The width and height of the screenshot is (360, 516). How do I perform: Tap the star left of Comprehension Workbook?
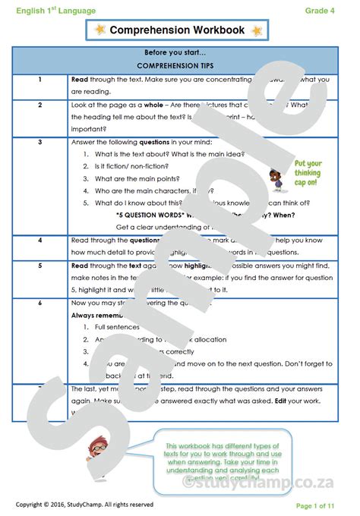pos(100,30)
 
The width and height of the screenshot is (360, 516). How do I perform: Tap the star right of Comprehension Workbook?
pos(256,30)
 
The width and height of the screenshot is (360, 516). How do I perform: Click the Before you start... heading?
pos(180,53)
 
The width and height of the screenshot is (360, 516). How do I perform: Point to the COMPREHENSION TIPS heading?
pos(180,66)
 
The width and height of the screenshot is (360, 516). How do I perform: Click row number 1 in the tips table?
pos(39,79)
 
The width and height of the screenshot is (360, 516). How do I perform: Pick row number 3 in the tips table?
pos(39,141)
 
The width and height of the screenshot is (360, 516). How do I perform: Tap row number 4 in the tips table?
pos(39,240)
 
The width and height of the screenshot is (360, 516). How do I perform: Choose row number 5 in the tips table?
pos(39,266)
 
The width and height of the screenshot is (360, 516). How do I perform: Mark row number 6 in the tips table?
pos(39,304)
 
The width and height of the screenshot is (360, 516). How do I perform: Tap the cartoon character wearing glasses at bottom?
pos(98,452)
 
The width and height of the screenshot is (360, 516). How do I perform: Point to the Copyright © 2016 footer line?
pos(84,505)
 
